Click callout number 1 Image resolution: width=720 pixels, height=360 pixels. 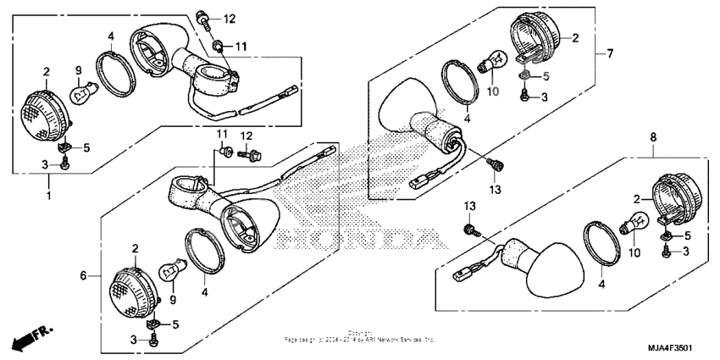click(x=48, y=196)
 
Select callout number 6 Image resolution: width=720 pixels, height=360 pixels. click(x=84, y=276)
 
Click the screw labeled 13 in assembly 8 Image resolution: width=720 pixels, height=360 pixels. click(x=469, y=229)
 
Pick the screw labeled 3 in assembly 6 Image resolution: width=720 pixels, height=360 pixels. click(x=153, y=340)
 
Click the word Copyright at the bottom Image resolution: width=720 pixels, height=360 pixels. click(x=359, y=332)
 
